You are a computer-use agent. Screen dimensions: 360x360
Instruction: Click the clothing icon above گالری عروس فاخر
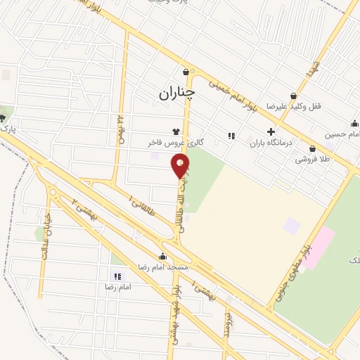[176, 131]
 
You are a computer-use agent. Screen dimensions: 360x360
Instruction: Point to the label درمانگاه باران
[270, 143]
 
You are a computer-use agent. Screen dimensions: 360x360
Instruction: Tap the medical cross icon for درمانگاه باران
[271, 131]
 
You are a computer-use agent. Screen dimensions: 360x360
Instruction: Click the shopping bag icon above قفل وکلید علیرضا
[293, 96]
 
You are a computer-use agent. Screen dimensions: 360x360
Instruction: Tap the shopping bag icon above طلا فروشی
[311, 150]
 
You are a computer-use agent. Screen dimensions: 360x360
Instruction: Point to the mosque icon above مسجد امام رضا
[164, 257]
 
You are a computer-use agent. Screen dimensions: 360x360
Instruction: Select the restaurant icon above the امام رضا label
[117, 276]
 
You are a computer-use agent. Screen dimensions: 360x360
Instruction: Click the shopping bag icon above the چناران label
[186, 72]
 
